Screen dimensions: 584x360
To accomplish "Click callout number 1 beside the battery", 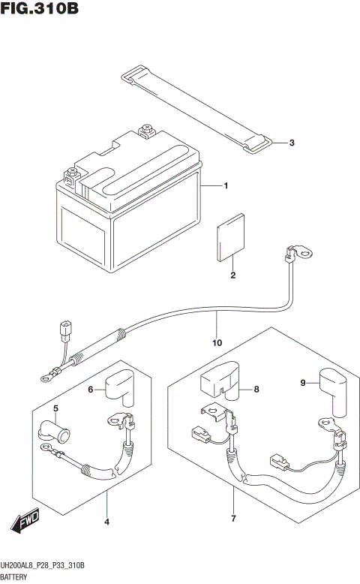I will [x=225, y=185].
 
